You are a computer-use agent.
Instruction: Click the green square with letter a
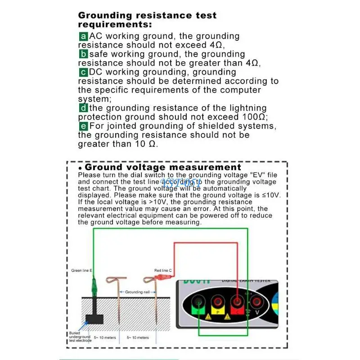(x=83, y=36)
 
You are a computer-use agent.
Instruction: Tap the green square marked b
(x=83, y=54)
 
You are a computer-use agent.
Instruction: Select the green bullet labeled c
(x=83, y=72)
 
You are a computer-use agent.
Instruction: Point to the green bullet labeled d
(x=83, y=108)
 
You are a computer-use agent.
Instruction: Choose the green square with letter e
(x=83, y=126)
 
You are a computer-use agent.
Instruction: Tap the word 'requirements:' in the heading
(x=115, y=24)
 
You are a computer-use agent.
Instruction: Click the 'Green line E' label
(x=81, y=271)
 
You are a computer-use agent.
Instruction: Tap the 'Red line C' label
(x=163, y=271)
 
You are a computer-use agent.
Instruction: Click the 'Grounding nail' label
(x=137, y=292)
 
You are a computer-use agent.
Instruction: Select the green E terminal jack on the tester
(x=198, y=302)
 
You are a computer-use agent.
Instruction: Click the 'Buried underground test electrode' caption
(x=80, y=337)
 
